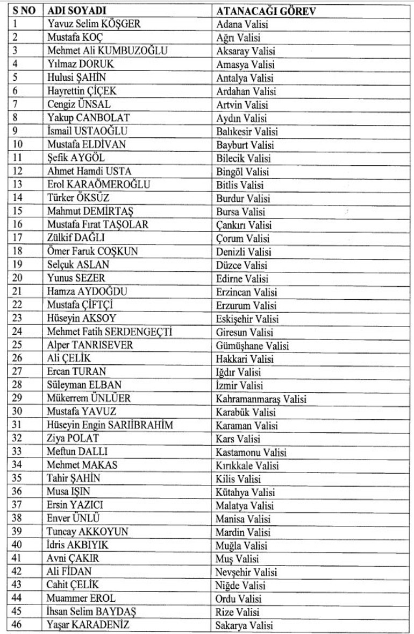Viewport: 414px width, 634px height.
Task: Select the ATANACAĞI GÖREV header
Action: tap(266, 11)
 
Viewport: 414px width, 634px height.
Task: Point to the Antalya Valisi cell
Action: tap(245, 78)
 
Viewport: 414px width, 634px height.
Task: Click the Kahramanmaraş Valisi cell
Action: tap(261, 399)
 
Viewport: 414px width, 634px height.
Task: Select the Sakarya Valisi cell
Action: tap(244, 625)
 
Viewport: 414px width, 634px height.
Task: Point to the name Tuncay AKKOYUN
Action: tap(88, 532)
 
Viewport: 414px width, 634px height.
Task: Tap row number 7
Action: tap(15, 105)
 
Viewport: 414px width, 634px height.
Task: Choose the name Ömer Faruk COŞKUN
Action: tap(92, 252)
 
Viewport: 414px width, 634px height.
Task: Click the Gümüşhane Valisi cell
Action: tap(252, 346)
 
